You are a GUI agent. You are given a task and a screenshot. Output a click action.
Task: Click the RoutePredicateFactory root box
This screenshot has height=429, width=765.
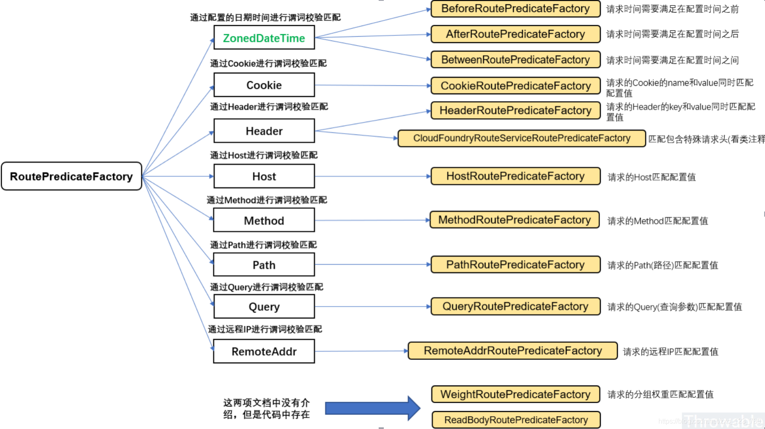[x=71, y=176]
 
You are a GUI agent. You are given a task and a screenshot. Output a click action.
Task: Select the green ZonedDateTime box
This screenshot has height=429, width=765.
[x=264, y=38]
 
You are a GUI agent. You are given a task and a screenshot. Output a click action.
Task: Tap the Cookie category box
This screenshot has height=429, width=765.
[x=264, y=85]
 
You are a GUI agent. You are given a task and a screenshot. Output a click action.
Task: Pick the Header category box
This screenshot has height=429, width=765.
[x=264, y=131]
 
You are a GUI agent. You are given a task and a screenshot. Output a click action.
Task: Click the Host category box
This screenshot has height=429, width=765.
[x=264, y=176]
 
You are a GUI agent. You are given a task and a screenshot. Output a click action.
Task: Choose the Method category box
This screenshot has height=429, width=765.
[x=264, y=220]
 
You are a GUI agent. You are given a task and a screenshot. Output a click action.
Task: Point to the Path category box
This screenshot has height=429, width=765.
[x=264, y=265]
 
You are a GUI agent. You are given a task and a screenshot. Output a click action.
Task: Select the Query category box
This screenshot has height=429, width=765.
[x=264, y=307]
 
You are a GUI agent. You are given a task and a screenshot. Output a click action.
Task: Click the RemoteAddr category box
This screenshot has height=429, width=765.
[x=264, y=351]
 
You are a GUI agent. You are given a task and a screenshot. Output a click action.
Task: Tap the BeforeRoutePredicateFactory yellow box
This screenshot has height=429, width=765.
[x=515, y=9]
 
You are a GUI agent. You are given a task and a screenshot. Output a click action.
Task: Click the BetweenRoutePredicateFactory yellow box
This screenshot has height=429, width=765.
[x=515, y=60]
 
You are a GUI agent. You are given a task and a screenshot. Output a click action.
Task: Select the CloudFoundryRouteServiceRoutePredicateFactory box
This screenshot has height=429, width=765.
[x=521, y=138]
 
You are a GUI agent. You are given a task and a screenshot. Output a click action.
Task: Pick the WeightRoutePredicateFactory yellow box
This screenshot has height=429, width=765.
[x=515, y=394]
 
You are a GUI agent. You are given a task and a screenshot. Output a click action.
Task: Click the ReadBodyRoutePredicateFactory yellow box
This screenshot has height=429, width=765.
[x=516, y=420]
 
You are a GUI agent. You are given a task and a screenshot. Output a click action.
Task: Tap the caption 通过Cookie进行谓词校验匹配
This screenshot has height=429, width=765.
[x=268, y=64]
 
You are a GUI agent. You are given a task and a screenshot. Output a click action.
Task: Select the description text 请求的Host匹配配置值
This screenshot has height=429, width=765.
[x=652, y=177]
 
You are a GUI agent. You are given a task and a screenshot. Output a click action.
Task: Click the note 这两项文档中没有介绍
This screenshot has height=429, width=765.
[x=267, y=409]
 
